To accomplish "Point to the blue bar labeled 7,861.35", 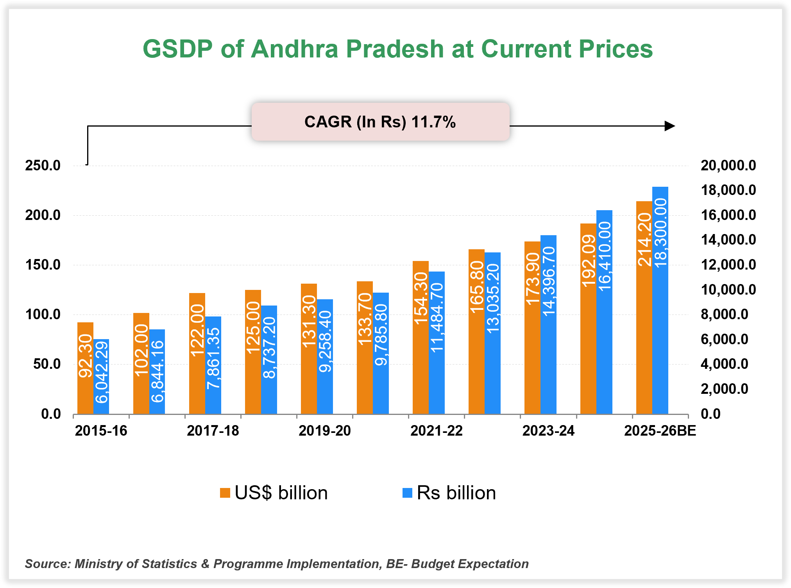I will point(213,365).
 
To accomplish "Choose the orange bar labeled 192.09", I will point(588,318).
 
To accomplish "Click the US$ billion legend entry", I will point(274,493).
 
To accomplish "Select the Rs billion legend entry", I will point(449,493).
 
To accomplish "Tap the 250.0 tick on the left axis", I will point(43,165).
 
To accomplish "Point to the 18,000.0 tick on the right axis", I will point(728,190).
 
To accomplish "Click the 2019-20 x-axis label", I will point(324,431).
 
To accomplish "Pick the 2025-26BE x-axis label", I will point(660,431).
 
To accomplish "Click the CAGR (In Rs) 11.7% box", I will point(380,122).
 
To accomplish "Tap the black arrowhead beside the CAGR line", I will point(670,126).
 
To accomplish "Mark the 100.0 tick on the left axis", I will point(43,314).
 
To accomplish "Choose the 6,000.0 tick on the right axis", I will point(724,339).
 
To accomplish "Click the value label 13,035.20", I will point(493,299).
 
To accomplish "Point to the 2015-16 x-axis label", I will point(101,431).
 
